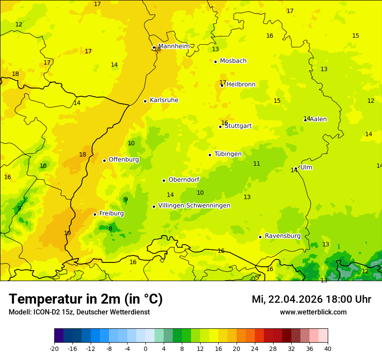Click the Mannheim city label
(174, 46)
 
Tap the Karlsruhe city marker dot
(145, 101)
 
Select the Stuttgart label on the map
(238, 126)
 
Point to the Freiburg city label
(111, 213)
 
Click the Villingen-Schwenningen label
(194, 206)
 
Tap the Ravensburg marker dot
(260, 237)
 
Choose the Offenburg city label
(123, 160)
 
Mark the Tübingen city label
(227, 154)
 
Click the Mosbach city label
(233, 61)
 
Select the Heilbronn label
(241, 85)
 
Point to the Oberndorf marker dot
(164, 180)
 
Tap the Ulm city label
(306, 167)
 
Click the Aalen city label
(318, 119)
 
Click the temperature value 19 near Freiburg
(67, 233)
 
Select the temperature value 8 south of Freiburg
(110, 229)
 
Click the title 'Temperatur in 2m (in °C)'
(86, 299)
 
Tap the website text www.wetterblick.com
(313, 312)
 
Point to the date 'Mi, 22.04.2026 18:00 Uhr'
(311, 299)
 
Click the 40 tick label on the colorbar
(327, 348)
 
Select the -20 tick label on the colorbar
(54, 348)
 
